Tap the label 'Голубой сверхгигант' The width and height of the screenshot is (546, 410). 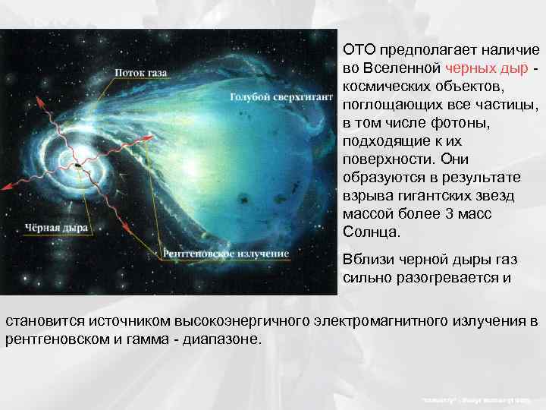pyautogui.click(x=281, y=97)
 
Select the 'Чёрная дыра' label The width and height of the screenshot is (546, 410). pyautogui.click(x=57, y=226)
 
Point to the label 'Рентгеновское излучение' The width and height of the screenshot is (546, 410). pyautogui.click(x=226, y=252)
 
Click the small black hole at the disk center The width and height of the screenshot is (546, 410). pyautogui.click(x=78, y=165)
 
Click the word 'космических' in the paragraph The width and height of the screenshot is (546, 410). pyautogui.click(x=388, y=85)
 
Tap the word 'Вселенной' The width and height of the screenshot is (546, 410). pyautogui.click(x=399, y=67)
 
